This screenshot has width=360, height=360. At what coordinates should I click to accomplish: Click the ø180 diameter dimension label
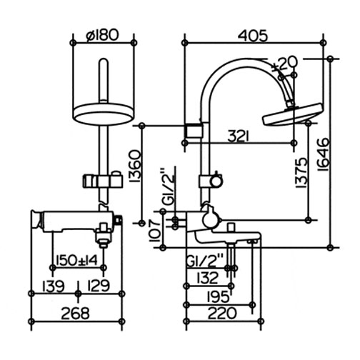point(102,35)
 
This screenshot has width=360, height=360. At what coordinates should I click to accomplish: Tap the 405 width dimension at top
point(253,36)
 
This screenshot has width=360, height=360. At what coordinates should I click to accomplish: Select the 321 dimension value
point(238,136)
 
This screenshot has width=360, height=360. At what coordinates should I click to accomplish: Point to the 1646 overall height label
point(324,154)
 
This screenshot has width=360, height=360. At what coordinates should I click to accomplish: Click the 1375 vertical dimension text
point(301,173)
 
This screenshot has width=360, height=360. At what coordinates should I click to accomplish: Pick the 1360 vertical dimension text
point(135,166)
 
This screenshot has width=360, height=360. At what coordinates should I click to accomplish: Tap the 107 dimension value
point(155,231)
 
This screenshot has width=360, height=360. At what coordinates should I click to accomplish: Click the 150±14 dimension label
point(76,260)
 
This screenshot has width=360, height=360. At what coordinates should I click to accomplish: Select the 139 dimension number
point(54,286)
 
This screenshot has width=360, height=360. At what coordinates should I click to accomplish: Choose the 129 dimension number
point(99,286)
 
